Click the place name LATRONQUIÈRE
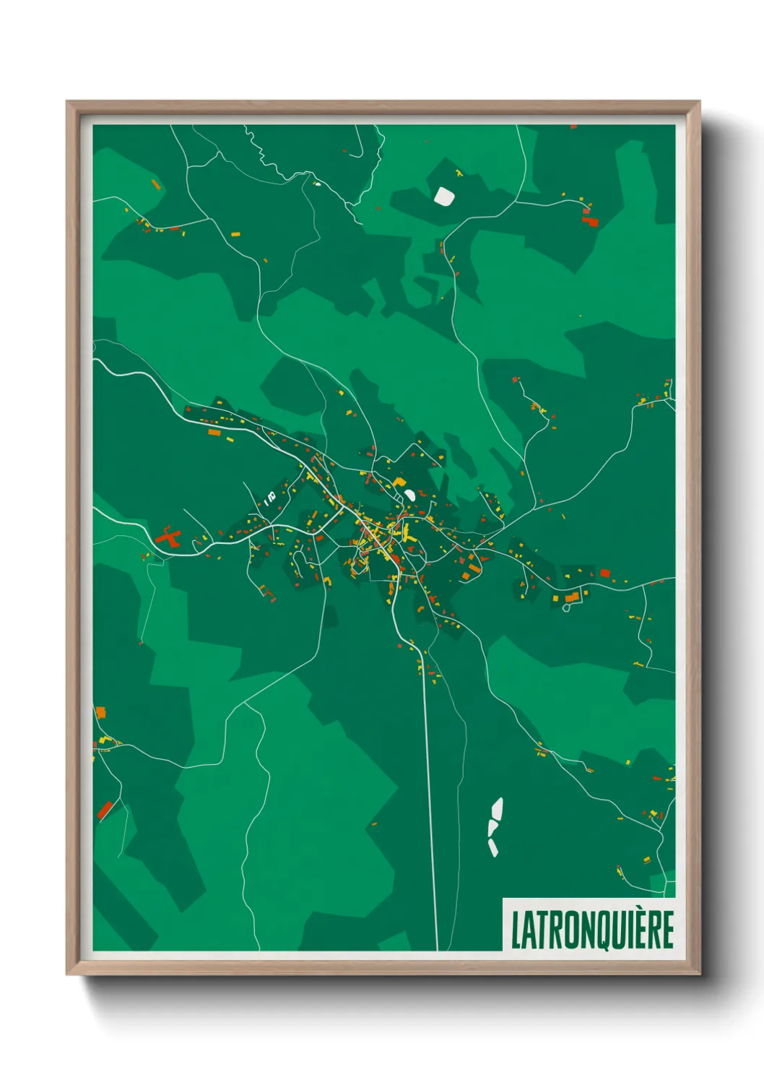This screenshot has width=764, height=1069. pyautogui.click(x=592, y=929)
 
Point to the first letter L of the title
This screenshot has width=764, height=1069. pyautogui.click(x=516, y=930)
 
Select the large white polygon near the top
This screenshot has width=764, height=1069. pyautogui.click(x=443, y=195)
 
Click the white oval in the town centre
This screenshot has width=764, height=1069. pyautogui.click(x=409, y=495)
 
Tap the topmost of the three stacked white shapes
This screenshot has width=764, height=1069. pyautogui.click(x=497, y=808)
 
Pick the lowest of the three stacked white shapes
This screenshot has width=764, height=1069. pyautogui.click(x=493, y=847)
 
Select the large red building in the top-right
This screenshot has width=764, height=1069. pyautogui.click(x=591, y=222)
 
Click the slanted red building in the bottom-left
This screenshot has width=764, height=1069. pyautogui.click(x=105, y=810)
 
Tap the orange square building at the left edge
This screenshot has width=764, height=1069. pyautogui.click(x=101, y=713)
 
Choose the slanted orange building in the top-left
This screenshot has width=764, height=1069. pyautogui.click(x=156, y=185)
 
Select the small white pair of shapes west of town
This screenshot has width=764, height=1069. pyautogui.click(x=270, y=497)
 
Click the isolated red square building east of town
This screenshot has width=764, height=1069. pyautogui.click(x=605, y=574)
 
